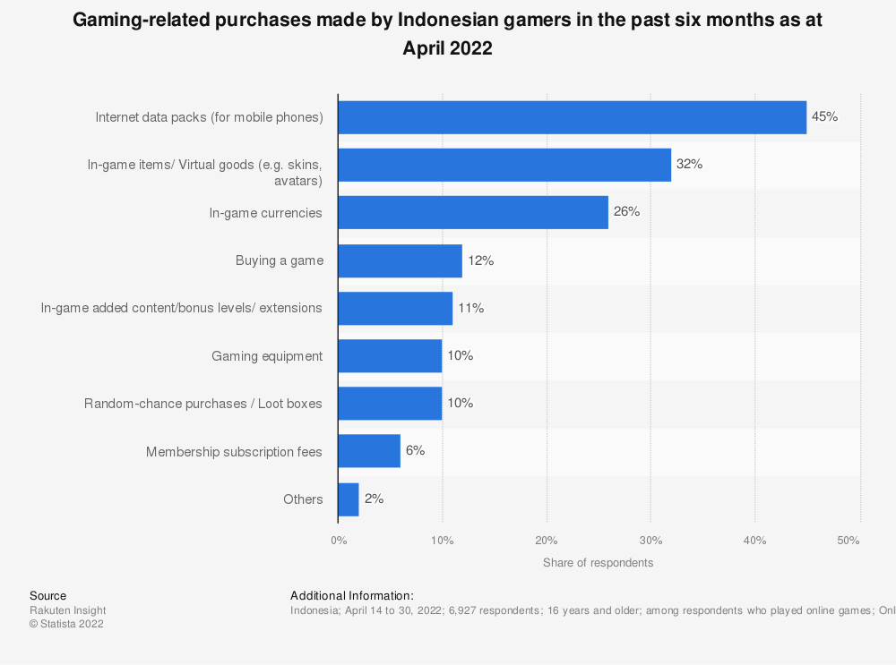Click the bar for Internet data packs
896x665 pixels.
pyautogui.click(x=572, y=117)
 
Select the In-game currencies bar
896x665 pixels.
pyautogui.click(x=472, y=212)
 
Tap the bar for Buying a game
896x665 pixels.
pyautogui.click(x=400, y=260)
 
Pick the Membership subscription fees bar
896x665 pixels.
pyautogui.click(x=369, y=451)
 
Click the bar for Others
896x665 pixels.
pyautogui.click(x=349, y=499)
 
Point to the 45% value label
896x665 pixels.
pyautogui.click(x=824, y=116)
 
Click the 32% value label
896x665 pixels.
pyautogui.click(x=689, y=165)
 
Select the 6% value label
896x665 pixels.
pyautogui.click(x=415, y=451)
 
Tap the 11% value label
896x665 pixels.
pyautogui.click(x=470, y=308)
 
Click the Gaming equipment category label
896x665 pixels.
pyautogui.click(x=267, y=356)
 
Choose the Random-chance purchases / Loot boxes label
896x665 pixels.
pyautogui.click(x=203, y=404)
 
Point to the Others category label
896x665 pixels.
pyautogui.click(x=303, y=499)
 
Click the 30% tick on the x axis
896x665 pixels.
pyautogui.click(x=650, y=541)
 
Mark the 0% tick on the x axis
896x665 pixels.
pyautogui.click(x=339, y=541)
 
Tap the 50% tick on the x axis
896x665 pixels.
pyautogui.click(x=849, y=541)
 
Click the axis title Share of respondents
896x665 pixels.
pyautogui.click(x=598, y=563)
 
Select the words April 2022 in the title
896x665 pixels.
pyautogui.click(x=447, y=49)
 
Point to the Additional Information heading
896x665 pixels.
pyautogui.click(x=352, y=595)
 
